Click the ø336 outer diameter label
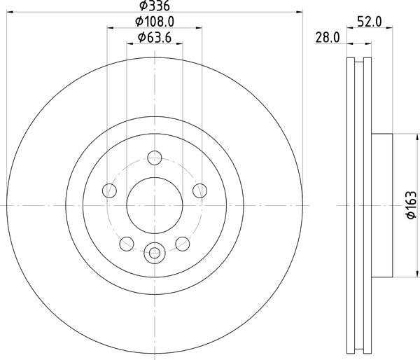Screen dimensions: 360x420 154,6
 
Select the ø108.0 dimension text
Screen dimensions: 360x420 154,22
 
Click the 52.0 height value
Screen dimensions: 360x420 369,22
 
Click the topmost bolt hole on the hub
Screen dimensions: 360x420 154,158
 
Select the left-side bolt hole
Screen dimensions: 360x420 108,190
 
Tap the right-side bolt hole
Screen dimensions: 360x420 200,190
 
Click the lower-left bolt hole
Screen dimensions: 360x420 126,243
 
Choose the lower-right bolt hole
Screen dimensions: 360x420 182,243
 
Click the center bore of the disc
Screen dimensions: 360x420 154,205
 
